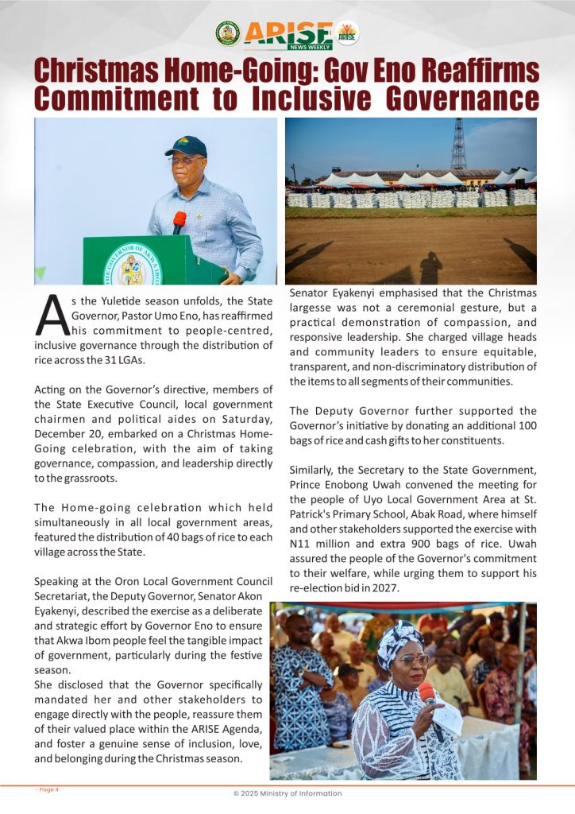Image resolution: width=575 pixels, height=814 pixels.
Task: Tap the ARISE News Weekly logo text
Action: coord(288,34)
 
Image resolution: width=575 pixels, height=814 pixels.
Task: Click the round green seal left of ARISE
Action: coord(227,33)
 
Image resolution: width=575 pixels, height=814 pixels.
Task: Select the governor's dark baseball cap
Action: coord(186,146)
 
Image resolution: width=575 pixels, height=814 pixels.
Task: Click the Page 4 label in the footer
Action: coord(47,789)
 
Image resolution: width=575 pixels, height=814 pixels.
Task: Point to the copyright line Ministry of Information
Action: coord(287,793)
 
